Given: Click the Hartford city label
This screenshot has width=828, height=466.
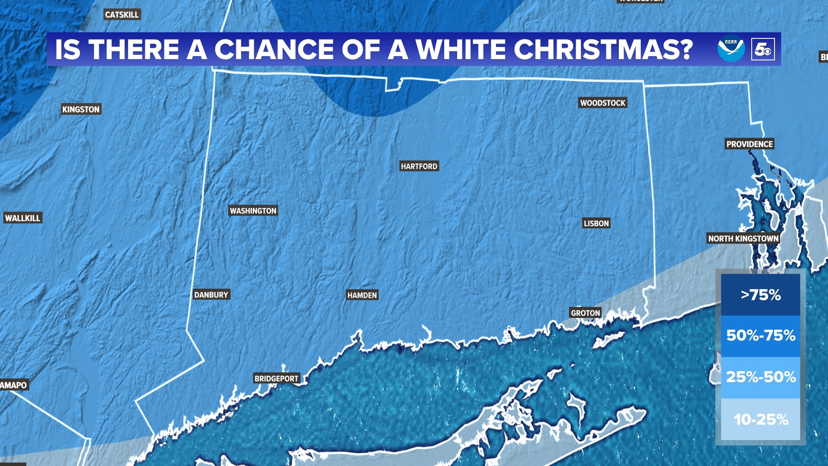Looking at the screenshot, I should coord(419,167).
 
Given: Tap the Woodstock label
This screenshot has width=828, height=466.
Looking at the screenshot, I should coord(602,103).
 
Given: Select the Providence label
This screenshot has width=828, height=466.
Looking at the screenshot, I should coord(750,144).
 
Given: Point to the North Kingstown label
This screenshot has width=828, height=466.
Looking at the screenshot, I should coord(743,239).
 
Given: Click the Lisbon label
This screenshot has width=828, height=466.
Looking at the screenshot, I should coord(596,224).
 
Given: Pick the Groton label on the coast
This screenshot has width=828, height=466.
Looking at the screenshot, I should coord(585,313).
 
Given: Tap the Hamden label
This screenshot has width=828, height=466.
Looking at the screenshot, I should coord(362,295).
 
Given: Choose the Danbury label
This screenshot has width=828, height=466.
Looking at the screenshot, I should coord(211,295).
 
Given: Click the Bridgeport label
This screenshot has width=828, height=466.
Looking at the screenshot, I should coord(276,379).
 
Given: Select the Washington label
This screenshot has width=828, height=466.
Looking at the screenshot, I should coord(253,211).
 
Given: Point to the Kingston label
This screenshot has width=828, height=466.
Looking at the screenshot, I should coord(81,110).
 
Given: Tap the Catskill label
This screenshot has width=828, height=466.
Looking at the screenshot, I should coord(122,15).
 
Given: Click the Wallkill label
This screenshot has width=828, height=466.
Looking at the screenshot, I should coord(22,218).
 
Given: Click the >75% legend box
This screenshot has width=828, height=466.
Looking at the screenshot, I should coord(760,295).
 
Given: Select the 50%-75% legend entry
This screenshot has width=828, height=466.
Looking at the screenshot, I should coord(760,336).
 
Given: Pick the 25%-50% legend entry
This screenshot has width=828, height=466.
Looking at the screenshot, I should coord(760,377).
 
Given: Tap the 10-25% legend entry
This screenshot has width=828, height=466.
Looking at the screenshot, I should coord(760,419).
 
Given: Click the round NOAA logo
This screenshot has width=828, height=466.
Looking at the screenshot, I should coord(731,49).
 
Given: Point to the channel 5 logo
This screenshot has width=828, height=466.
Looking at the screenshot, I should coord(762,49).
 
